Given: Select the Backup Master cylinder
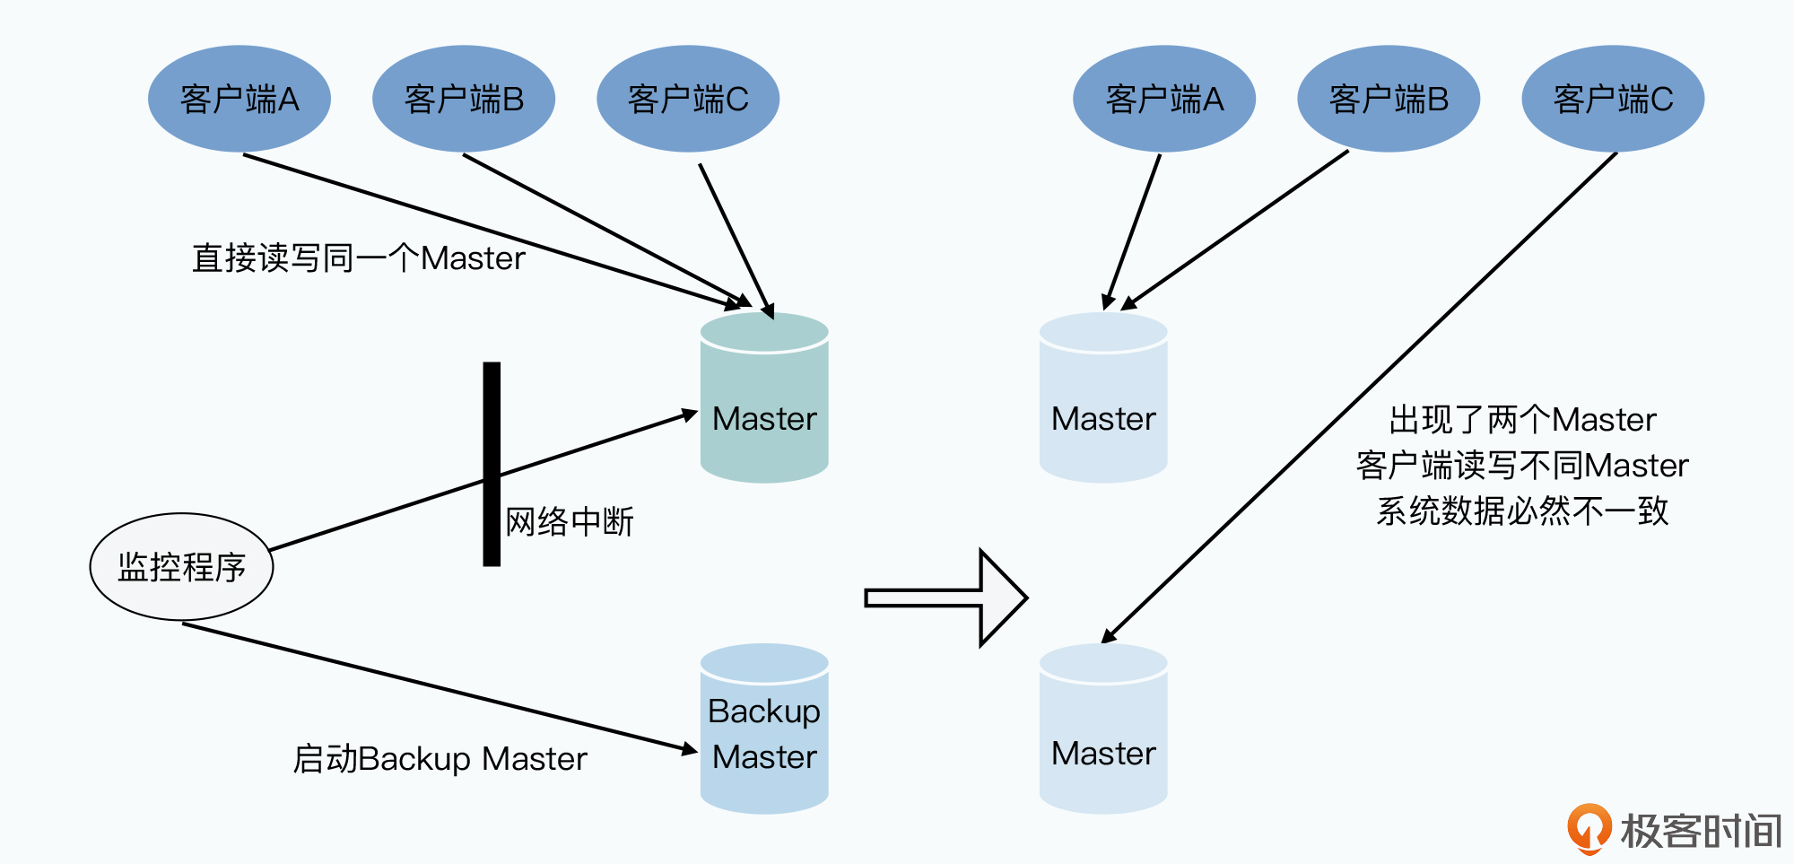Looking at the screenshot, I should [764, 729].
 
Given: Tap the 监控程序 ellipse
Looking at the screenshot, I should [181, 567].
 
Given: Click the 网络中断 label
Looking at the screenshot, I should [570, 521].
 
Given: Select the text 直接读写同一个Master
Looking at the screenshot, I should [358, 258].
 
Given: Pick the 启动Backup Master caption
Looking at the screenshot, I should [440, 759].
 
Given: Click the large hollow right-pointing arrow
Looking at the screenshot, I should [946, 598].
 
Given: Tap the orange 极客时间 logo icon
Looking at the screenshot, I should [1589, 828].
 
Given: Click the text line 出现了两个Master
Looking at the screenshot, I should [1522, 420].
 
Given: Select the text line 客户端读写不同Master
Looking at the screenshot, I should [1522, 466].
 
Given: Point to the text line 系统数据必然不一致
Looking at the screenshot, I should [1522, 511].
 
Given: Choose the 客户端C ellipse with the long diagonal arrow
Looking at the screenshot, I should [1613, 99].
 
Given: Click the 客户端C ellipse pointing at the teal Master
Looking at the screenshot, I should [688, 99].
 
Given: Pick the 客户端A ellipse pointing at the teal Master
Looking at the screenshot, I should [239, 99].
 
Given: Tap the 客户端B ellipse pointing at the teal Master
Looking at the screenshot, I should [464, 99].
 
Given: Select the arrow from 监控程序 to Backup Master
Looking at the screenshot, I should [440, 686].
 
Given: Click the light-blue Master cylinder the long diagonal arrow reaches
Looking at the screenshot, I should [1103, 729].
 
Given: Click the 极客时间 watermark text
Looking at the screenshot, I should [1701, 831].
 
